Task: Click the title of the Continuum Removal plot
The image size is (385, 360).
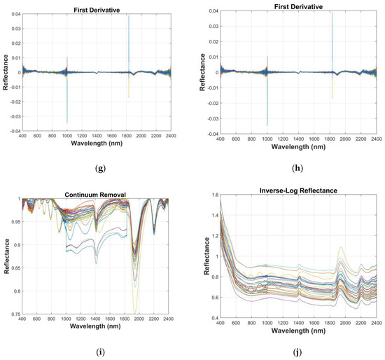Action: point(96,195)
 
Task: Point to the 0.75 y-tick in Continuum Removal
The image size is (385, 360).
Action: point(14,314)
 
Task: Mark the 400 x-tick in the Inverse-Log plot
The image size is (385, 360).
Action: point(220,323)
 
